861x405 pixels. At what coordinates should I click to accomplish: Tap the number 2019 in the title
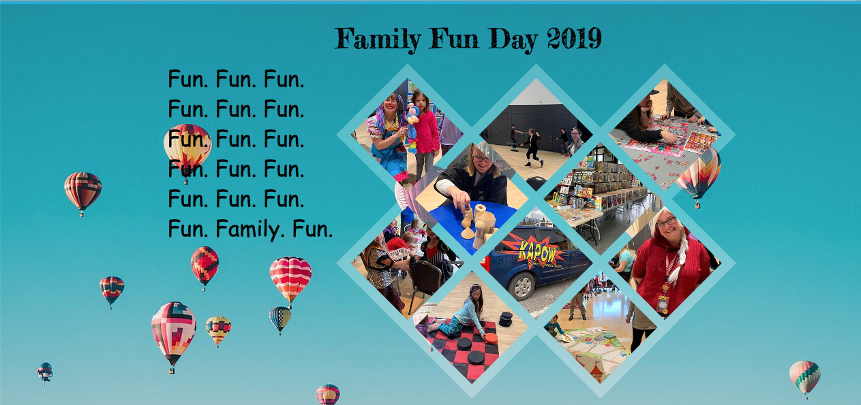(x=575, y=38)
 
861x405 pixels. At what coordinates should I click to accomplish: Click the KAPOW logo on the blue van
(x=537, y=251)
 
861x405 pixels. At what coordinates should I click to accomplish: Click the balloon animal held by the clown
(x=412, y=127)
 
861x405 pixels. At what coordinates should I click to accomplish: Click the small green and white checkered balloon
(x=280, y=319)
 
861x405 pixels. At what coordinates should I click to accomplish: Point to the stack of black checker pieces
(x=506, y=319)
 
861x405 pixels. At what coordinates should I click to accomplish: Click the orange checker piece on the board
(x=490, y=338)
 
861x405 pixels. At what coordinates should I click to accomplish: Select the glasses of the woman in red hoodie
(x=666, y=222)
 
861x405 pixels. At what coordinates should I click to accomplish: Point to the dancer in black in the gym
(x=532, y=147)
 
